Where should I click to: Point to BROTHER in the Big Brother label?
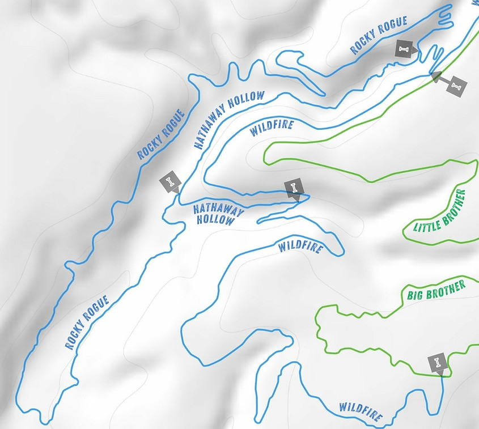[x=446, y=287]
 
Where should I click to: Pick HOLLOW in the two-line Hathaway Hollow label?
[x=215, y=220]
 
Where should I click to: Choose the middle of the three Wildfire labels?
[x=300, y=248]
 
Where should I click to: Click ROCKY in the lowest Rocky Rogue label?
[x=75, y=335]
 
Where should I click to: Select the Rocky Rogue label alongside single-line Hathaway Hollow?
[x=162, y=135]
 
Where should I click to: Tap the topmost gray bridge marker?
[x=404, y=49]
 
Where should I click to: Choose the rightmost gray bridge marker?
[x=457, y=86]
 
